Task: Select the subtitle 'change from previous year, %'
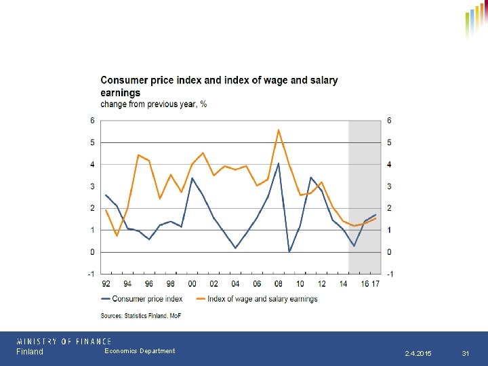coord(154,104)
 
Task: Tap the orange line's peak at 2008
coord(279,129)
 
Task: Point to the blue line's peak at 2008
coord(279,163)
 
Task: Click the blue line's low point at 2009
coord(289,251)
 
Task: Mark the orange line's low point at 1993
coord(117,235)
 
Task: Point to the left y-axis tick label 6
coord(93,121)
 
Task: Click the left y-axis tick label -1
coord(92,274)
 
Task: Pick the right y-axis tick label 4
coord(389,165)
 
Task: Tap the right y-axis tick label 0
coord(389,252)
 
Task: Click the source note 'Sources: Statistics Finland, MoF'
coord(141,315)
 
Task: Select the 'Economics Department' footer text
coord(140,351)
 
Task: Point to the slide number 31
coord(466,354)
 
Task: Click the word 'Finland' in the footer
coord(30,352)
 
